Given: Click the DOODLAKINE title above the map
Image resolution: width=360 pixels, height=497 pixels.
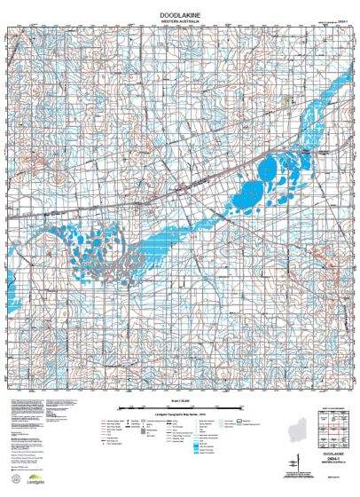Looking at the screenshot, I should pyautogui.click(x=180, y=15).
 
